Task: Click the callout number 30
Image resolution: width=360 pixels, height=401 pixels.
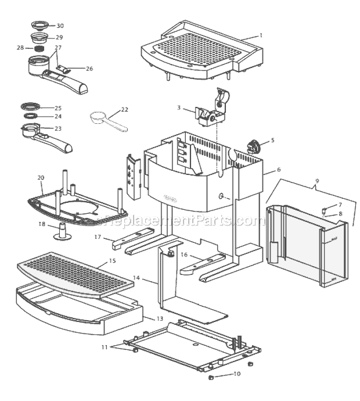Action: click(60, 26)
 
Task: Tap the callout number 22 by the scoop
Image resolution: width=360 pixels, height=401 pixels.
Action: click(124, 109)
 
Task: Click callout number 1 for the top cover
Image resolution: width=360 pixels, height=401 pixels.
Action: click(261, 35)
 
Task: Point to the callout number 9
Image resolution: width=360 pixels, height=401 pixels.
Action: click(316, 181)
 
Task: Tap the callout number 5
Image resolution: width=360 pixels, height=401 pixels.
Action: click(272, 140)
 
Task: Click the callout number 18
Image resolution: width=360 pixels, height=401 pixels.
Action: click(41, 224)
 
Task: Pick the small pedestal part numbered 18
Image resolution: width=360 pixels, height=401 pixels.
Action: click(61, 232)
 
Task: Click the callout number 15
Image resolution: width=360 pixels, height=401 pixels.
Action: click(113, 261)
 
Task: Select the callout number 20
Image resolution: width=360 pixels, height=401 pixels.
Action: click(41, 177)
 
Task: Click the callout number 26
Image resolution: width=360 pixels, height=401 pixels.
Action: click(89, 69)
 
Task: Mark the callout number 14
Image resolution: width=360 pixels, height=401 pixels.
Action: click(136, 278)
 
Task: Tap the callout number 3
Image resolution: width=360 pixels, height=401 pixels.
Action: click(179, 108)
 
